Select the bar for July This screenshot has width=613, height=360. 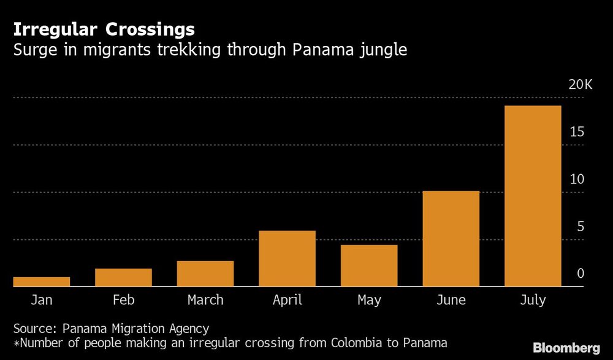[x=532, y=196]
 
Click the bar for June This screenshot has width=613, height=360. [x=451, y=239]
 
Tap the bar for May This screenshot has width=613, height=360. [x=369, y=266]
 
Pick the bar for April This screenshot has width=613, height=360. [x=287, y=258]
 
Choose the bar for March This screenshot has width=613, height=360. [x=205, y=274]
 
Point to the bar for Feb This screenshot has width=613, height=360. [x=123, y=277]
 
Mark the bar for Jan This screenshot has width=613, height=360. [x=42, y=281]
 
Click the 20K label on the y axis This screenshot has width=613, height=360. [x=580, y=85]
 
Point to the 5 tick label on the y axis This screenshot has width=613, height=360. [x=580, y=227]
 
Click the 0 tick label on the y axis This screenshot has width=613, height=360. [x=580, y=274]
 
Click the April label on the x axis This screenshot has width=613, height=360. [x=287, y=301]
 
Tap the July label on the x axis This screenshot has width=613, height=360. [x=532, y=301]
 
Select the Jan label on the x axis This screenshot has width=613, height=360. [x=42, y=301]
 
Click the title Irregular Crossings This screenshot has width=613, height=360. [x=104, y=29]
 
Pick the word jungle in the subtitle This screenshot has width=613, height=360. [x=383, y=50]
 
